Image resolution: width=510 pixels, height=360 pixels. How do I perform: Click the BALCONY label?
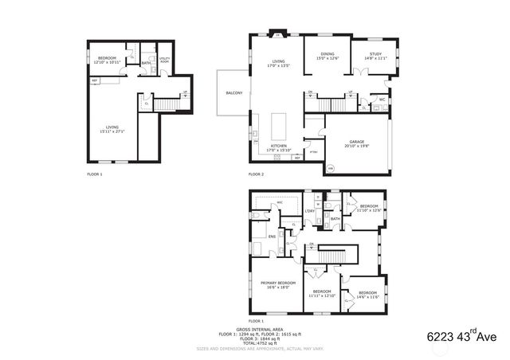click(233, 93)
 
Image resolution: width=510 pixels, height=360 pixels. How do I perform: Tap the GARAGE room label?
click(356, 142)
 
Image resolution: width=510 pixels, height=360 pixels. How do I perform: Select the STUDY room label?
click(375, 54)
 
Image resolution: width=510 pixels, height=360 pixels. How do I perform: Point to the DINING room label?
click(328, 54)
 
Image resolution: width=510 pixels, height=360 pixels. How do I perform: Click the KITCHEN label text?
click(277, 147)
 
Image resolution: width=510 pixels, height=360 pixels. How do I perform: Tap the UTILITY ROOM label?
click(164, 60)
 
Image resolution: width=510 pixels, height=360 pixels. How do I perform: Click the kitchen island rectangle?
click(278, 125)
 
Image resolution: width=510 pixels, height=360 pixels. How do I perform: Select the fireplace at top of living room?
click(277, 35)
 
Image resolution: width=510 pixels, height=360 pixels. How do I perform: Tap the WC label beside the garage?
click(382, 100)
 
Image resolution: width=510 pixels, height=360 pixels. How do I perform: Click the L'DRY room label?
click(309, 210)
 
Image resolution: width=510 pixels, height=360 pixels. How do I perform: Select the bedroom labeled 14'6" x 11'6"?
click(367, 295)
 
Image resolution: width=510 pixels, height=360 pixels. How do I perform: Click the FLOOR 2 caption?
click(256, 174)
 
